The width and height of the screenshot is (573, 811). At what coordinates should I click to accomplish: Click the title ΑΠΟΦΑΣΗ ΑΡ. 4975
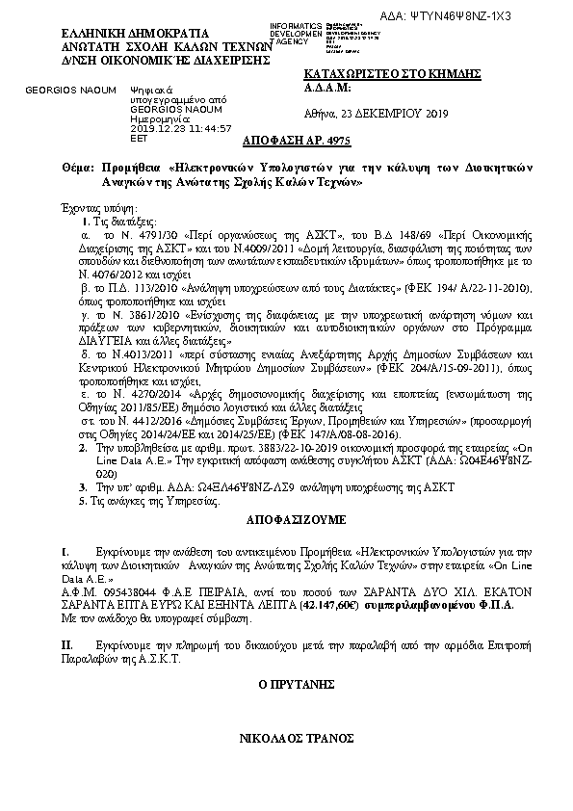click(286, 139)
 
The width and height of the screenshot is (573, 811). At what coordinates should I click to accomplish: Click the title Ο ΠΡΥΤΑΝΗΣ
click(286, 684)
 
